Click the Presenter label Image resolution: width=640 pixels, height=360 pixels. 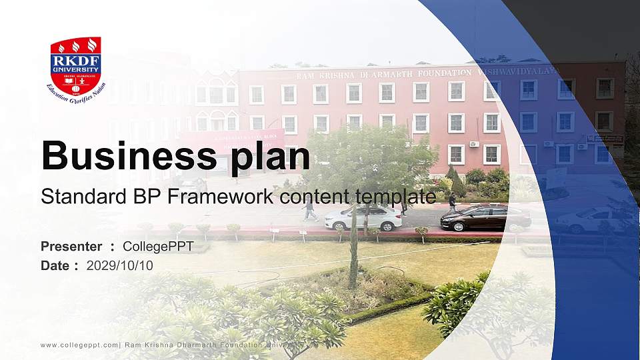click(71, 247)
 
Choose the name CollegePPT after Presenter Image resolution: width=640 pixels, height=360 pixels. click(158, 247)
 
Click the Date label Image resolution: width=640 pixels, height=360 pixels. click(55, 265)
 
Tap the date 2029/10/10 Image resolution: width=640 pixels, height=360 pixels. click(120, 265)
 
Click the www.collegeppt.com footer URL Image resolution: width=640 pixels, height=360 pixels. click(79, 345)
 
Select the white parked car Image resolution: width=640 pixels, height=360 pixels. click(363, 217)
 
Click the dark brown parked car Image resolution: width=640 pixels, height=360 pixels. click(485, 218)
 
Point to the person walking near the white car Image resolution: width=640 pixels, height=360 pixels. click(309, 209)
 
